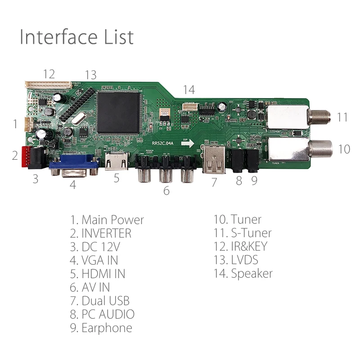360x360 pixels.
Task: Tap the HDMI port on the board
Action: click(116, 162)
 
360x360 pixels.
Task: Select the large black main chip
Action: click(118, 113)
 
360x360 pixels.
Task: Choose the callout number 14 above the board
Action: click(189, 90)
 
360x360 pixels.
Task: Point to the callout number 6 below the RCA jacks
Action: click(166, 191)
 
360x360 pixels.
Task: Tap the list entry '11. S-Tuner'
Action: click(243, 233)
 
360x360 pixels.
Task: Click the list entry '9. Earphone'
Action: click(101, 328)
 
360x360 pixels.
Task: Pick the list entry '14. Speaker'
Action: click(243, 274)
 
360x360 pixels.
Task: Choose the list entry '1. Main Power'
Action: click(107, 220)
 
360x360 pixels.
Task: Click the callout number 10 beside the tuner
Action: click(344, 148)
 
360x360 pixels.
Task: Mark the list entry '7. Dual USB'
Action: click(99, 301)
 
